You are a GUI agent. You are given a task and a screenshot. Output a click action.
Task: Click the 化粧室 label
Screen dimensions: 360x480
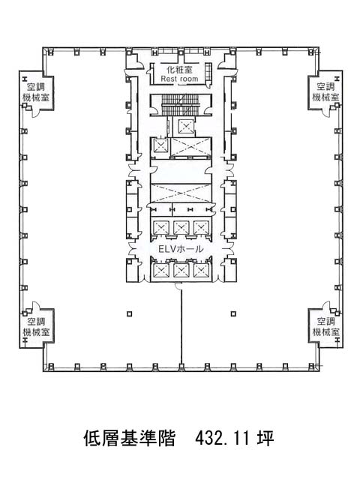pos(179,70)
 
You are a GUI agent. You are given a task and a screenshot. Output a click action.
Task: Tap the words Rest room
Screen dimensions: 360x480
pos(179,79)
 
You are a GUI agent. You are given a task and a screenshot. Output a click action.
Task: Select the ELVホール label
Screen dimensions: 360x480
pos(181,249)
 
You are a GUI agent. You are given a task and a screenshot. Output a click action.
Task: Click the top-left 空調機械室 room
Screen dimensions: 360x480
pos(37,91)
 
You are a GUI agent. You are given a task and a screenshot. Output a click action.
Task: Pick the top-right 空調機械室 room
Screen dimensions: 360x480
pos(325,91)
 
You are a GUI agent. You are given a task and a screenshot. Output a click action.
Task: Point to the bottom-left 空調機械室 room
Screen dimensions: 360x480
pos(37,327)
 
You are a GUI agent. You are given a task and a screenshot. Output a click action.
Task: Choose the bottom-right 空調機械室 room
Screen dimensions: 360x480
pos(325,327)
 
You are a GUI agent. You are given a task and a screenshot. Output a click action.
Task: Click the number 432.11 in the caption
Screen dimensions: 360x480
pos(222,438)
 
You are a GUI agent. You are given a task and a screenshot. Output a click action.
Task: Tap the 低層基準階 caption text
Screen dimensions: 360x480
pos(129,438)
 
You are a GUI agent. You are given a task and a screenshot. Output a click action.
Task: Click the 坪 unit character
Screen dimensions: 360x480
pos(265,438)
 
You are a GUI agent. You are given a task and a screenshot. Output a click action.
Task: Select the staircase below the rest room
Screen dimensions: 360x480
pos(181,105)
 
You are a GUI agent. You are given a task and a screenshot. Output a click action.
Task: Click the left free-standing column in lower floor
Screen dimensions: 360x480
pos(130,313)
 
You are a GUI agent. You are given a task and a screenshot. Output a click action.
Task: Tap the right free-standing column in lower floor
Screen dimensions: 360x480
pos(233,313)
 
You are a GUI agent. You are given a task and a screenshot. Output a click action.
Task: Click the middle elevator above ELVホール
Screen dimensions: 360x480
pos(181,227)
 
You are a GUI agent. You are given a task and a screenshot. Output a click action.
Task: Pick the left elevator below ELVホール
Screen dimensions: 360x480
pos(161,270)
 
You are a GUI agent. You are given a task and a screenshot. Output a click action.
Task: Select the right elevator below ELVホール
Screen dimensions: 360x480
pos(201,270)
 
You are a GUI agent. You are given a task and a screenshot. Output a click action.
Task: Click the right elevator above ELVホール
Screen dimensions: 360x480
pos(201,227)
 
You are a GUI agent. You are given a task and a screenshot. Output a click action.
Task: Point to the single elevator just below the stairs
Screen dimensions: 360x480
pos(186,126)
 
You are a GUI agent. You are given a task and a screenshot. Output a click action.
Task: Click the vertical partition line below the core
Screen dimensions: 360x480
pos(181,327)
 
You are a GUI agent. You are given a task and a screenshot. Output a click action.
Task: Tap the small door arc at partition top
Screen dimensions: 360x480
pos(178,286)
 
